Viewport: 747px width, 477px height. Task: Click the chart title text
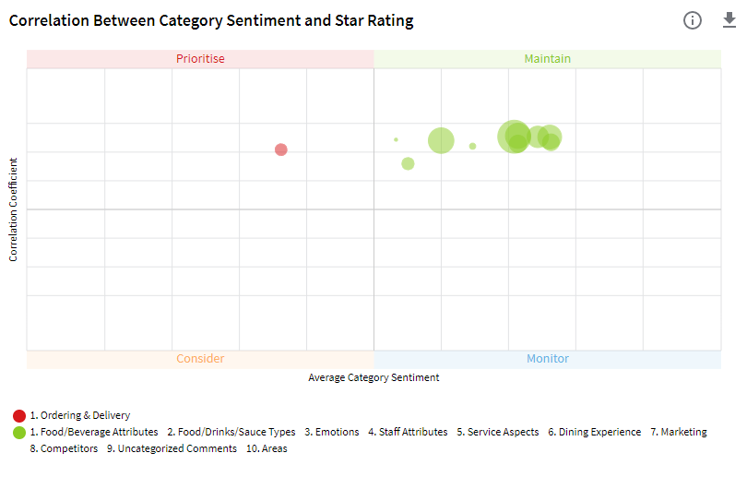(211, 20)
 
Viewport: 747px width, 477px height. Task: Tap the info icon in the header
(693, 20)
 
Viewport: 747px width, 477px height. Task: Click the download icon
(729, 20)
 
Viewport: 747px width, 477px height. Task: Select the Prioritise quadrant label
(200, 59)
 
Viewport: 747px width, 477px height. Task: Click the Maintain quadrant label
(548, 59)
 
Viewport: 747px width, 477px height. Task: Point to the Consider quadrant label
(200, 359)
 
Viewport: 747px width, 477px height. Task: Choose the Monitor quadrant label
(548, 359)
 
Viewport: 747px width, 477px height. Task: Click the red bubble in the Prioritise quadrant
(281, 149)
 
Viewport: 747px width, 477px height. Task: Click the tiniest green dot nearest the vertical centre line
(396, 139)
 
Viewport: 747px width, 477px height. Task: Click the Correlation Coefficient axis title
(14, 209)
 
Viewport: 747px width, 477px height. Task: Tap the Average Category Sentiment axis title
(373, 377)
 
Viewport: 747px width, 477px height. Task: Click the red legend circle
(19, 415)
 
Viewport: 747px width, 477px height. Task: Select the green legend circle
(19, 432)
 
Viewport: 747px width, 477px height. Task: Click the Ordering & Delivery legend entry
(80, 415)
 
